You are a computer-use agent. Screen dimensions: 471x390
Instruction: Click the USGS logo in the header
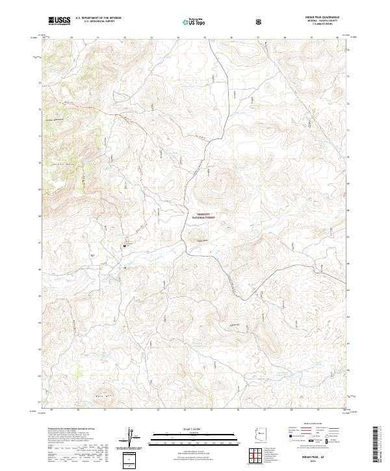(59, 21)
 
